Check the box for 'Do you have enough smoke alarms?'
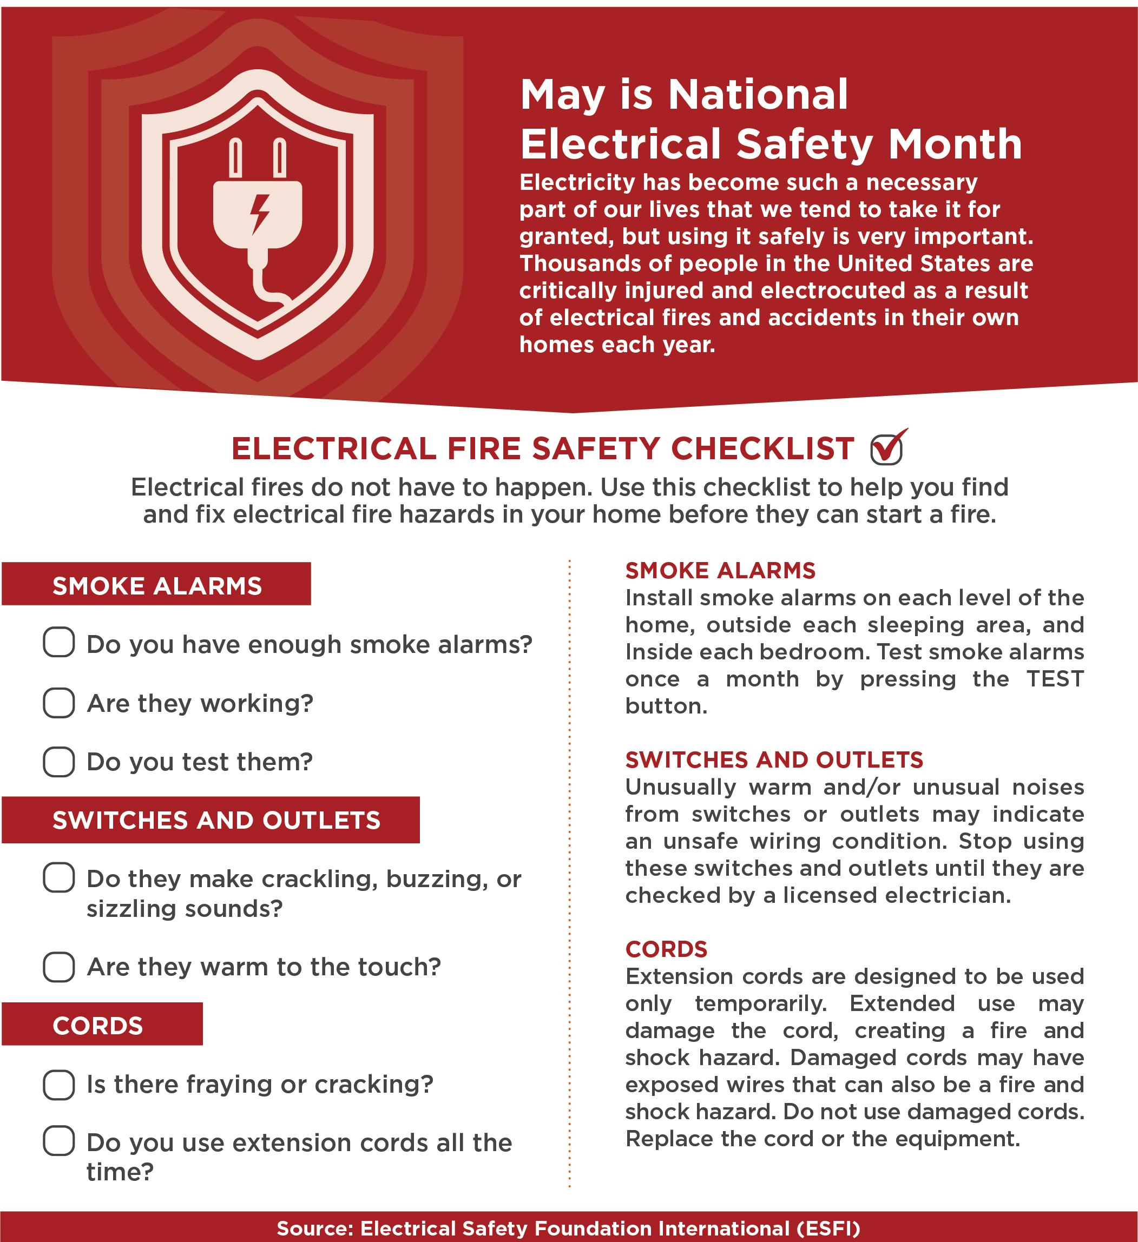(x=59, y=643)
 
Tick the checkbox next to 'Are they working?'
(x=59, y=702)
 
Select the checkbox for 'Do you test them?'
(x=59, y=762)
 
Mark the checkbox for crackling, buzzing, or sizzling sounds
(x=59, y=878)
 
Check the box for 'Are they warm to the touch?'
(x=59, y=967)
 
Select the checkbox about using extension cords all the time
(x=59, y=1141)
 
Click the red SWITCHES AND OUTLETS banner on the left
(x=211, y=820)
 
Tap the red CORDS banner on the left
(x=102, y=1026)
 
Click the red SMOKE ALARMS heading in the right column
(x=720, y=571)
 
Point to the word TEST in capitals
(x=1054, y=679)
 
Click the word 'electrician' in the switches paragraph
(x=948, y=895)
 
